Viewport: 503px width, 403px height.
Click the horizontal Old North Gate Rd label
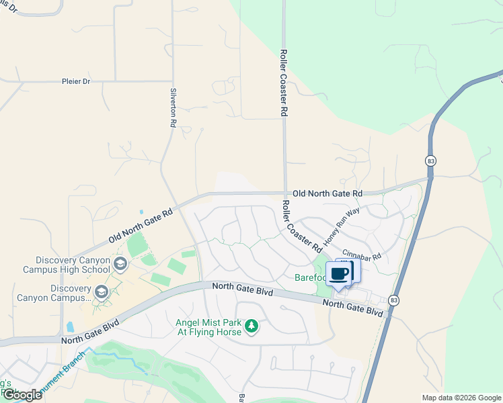[327, 193]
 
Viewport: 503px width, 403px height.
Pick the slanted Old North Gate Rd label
[141, 226]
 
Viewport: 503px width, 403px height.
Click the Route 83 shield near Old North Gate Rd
[430, 161]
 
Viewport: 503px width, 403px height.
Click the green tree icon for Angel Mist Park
[251, 326]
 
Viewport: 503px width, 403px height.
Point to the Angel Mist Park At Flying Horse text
[210, 327]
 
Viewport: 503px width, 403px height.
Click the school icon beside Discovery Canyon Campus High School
[120, 264]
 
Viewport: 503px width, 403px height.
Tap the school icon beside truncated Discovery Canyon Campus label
[101, 292]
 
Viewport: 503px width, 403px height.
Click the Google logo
[22, 395]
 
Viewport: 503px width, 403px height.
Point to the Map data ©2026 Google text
[461, 398]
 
